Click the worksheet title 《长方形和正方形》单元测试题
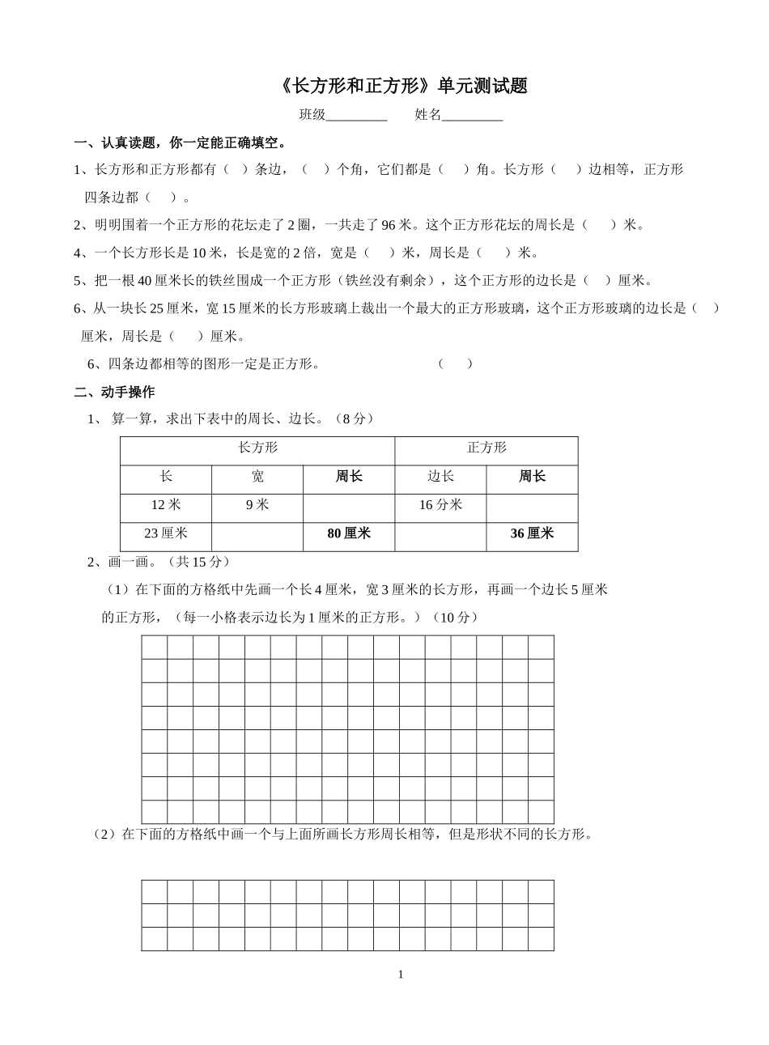pos(401,86)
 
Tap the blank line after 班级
pos(356,116)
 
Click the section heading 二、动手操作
pos(114,392)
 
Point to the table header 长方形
pos(257,448)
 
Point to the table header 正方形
pos(486,448)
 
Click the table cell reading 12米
pos(166,505)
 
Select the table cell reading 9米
pos(257,505)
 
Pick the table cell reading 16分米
pos(440,505)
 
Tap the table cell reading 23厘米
pos(166,533)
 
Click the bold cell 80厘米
pos(349,533)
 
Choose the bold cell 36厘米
pos(532,533)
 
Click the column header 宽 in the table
pos(257,477)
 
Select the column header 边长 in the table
pos(440,477)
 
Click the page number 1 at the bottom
pos(401,975)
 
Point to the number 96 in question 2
pos(389,225)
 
